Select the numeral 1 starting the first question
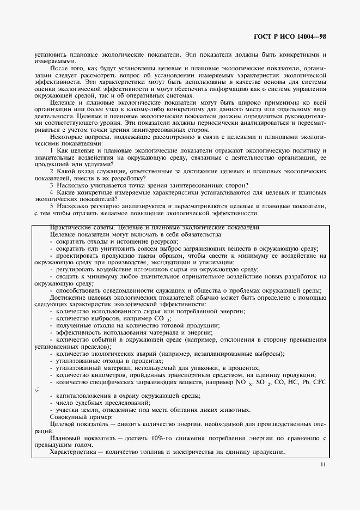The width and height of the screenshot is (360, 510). (x=51, y=150)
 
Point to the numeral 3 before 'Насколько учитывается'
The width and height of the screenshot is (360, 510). (x=51, y=185)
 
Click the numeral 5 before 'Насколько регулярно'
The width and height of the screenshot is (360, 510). (x=51, y=207)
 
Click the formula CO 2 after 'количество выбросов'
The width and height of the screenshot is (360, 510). (x=159, y=318)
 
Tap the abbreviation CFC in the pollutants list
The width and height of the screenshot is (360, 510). (x=320, y=382)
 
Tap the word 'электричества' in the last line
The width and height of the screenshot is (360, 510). (x=202, y=452)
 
